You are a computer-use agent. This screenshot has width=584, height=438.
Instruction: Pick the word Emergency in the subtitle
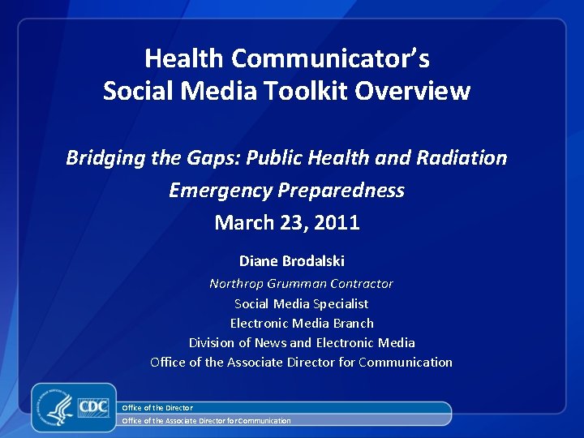click(221, 190)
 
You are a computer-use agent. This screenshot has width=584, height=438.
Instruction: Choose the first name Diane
click(257, 261)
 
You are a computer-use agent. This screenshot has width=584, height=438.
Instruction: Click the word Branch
click(354, 323)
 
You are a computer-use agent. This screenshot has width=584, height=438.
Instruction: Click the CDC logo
click(93, 406)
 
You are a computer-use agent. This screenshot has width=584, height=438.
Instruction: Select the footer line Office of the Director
click(157, 407)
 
